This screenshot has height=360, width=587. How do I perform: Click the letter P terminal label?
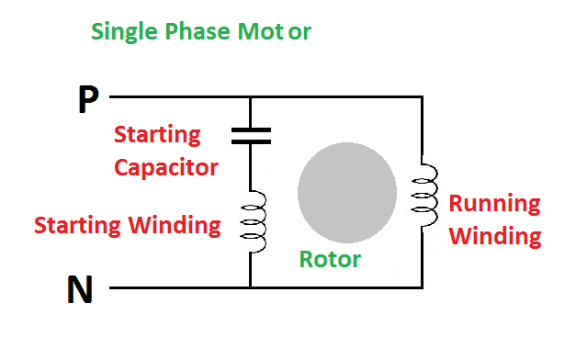click(x=88, y=99)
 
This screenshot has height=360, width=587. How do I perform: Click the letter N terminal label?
click(x=80, y=289)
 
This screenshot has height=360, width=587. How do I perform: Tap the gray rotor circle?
click(x=347, y=192)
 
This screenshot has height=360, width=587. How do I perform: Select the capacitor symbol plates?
click(x=251, y=136)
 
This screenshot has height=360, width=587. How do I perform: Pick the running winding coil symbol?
click(x=425, y=196)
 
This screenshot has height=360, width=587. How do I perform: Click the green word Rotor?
click(x=330, y=259)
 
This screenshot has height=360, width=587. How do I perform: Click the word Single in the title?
click(x=124, y=31)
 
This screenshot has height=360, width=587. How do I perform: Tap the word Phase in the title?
click(x=198, y=31)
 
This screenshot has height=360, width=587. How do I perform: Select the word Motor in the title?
click(x=275, y=31)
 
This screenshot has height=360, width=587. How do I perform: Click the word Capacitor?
click(x=166, y=168)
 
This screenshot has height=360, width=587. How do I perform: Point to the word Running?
click(x=494, y=204)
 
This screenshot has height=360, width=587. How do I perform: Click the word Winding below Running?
click(x=495, y=237)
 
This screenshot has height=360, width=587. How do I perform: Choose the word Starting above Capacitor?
click(x=157, y=135)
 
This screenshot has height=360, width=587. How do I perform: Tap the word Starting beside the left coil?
click(x=77, y=226)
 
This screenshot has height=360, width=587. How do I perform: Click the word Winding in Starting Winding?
click(x=175, y=226)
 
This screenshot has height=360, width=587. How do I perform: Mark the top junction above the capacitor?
click(x=251, y=97)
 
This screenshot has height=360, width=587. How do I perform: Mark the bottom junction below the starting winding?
click(x=251, y=287)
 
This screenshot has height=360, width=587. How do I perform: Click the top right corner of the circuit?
click(x=423, y=97)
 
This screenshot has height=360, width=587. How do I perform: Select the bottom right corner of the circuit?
click(x=423, y=287)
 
